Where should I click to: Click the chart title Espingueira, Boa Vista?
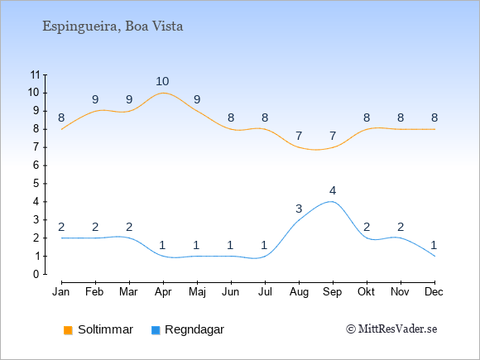[x=113, y=26]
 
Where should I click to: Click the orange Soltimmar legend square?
[x=68, y=330]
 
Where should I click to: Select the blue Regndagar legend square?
[x=156, y=330]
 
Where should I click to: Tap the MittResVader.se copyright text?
[x=391, y=329]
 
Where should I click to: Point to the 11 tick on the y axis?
[x=36, y=74]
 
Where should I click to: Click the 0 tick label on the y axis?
[x=36, y=274]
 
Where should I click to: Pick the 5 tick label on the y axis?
[x=36, y=184]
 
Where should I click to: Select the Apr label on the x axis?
[x=163, y=292]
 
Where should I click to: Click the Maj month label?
[x=197, y=292]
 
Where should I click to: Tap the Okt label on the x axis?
[x=366, y=292]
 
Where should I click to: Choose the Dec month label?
[x=434, y=292]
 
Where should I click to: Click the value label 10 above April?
[x=162, y=81]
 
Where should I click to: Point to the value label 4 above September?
[x=333, y=190]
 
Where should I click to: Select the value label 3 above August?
[x=299, y=209]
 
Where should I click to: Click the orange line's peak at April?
[x=163, y=93]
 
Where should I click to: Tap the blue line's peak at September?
[x=332, y=201]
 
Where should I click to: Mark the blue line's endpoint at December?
[x=434, y=256]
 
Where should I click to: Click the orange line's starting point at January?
[x=61, y=129]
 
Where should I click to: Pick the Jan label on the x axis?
[x=61, y=292]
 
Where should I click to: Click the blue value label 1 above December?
[x=434, y=245]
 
